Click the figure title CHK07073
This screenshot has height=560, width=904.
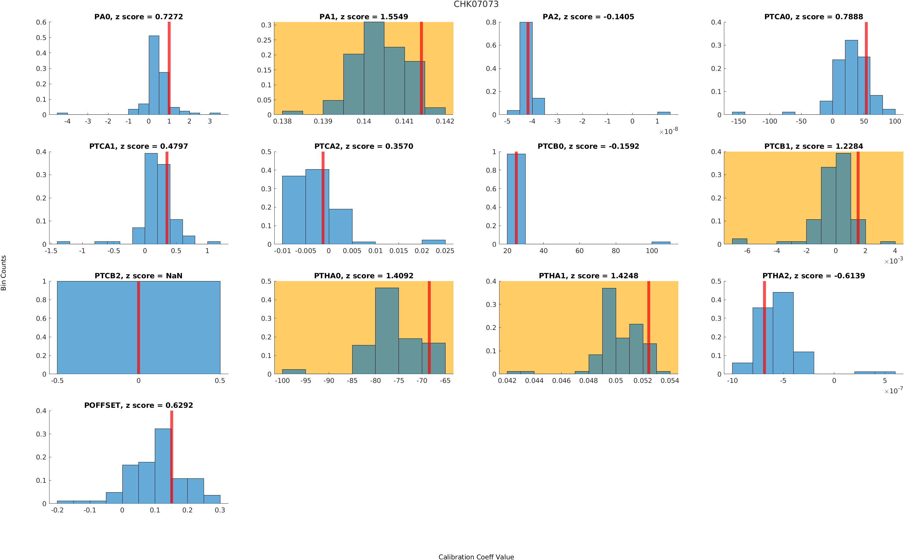[x=476, y=4]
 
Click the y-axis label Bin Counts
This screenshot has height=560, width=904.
[x=4, y=273]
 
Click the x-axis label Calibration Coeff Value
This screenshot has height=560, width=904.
[x=476, y=556]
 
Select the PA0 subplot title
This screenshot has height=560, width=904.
[x=138, y=17]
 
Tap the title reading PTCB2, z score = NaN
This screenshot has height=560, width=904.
[x=138, y=275]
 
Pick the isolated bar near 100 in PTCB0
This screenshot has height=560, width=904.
[x=661, y=243]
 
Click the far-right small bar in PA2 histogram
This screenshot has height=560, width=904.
[x=663, y=113]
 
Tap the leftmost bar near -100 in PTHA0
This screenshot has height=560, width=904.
[x=294, y=372]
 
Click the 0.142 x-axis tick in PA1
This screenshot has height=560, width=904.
[x=445, y=121]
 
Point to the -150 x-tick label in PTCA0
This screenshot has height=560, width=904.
[x=738, y=121]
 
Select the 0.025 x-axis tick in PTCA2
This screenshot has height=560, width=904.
[x=445, y=251]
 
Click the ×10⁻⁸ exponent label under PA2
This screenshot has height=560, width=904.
[x=668, y=131]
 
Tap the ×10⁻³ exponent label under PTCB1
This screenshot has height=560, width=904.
[x=894, y=261]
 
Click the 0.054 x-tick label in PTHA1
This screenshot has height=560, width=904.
[x=669, y=380]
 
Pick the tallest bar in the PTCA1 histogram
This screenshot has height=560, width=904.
[x=151, y=198]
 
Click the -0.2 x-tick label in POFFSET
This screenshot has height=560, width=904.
[x=57, y=510]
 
